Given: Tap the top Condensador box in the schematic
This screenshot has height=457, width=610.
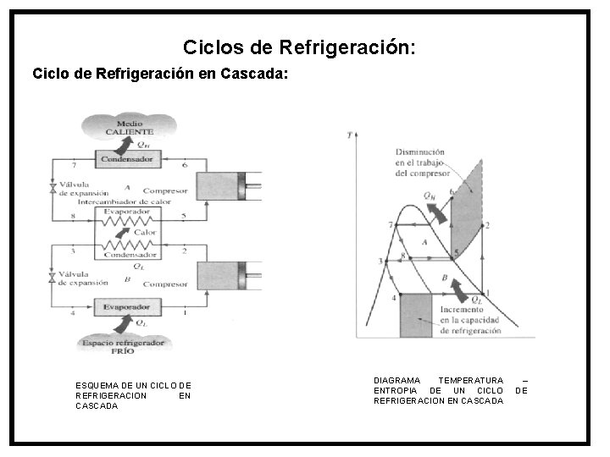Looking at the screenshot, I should (127, 158).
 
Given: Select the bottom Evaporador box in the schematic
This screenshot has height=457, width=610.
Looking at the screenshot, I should (127, 306).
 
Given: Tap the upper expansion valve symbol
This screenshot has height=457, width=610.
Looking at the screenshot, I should (53, 189).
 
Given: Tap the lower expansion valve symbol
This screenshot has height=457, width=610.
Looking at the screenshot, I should (53, 277).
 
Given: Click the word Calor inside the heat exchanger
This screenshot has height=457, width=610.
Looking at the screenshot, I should (145, 232).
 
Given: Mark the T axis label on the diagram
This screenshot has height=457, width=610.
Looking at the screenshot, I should (349, 135).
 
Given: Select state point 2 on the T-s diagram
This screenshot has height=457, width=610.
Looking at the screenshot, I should (487, 225).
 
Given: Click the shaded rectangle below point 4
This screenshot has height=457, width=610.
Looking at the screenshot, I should (415, 316).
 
